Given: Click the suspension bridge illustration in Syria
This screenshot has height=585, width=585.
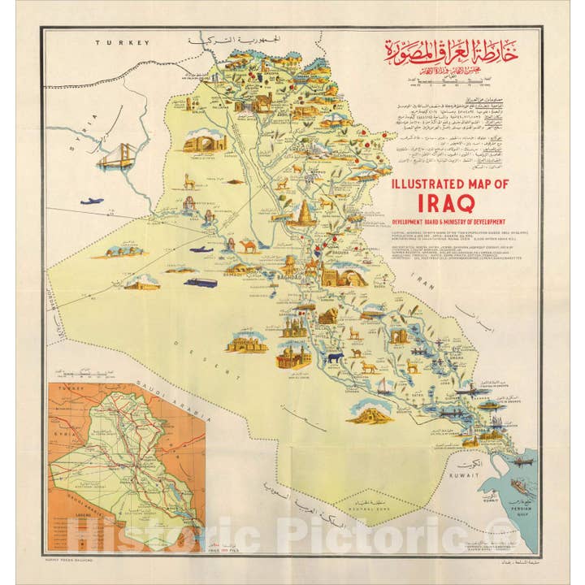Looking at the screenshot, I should [x=116, y=156].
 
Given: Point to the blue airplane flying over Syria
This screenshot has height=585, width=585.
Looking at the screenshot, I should [x=92, y=201].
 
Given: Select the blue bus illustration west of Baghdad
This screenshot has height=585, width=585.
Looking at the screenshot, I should [x=201, y=283].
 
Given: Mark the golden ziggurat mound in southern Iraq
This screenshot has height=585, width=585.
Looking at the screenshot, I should [x=370, y=414].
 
